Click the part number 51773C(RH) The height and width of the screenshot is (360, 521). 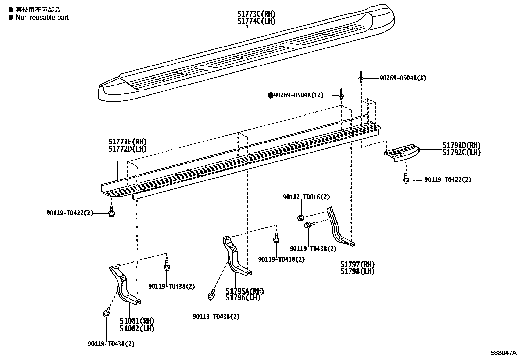coord(256,14)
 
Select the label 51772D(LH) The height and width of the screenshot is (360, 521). coord(127,149)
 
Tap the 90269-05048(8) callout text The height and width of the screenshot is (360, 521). coord(403,78)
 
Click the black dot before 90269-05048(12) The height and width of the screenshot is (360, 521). coord(271,95)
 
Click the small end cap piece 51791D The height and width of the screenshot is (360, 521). coord(401,152)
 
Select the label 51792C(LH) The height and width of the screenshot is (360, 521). coord(461,153)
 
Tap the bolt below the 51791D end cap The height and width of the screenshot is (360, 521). coord(406,179)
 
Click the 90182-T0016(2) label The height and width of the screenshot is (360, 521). coord(306,197)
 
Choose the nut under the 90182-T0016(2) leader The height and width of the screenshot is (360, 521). coord(301,218)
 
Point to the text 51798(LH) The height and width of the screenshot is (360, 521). coord(358,271)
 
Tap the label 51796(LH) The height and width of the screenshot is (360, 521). coord(243,297)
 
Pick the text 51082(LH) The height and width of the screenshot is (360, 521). coord(137,329)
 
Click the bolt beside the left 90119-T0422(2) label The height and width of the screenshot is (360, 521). coord(112,212)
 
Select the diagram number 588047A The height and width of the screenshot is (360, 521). coord(504,353)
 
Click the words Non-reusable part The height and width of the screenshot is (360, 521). coord(42,18)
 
